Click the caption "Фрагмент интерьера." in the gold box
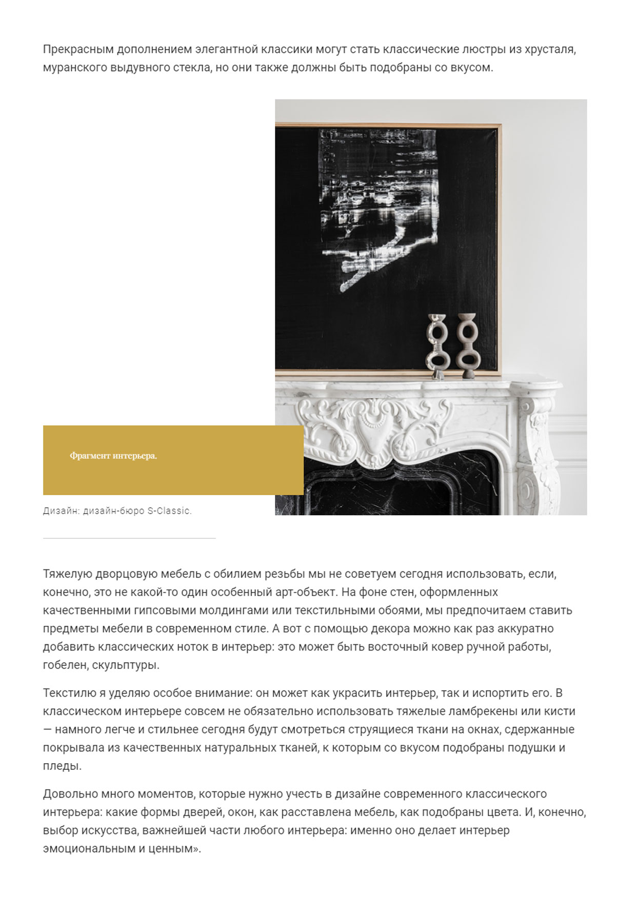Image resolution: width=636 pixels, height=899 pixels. [113, 456]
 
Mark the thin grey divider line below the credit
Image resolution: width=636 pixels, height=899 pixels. [129, 538]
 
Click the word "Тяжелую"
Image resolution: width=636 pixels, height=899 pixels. [67, 574]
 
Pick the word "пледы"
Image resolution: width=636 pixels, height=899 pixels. [61, 766]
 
